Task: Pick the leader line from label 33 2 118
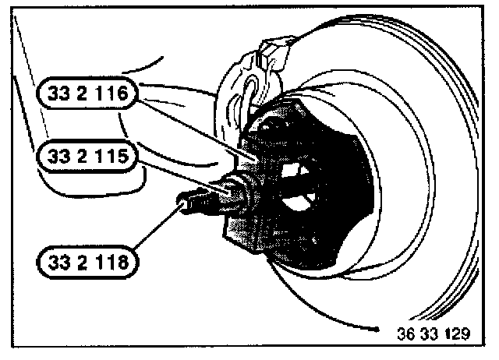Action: pos(160,230)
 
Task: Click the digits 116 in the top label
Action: pos(118,96)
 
